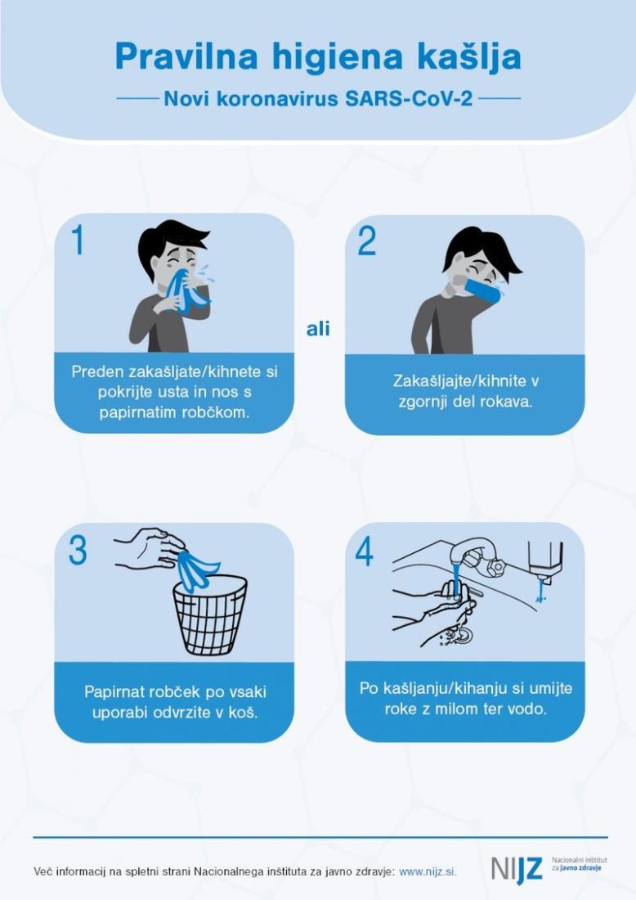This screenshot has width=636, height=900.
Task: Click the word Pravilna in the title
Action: pos(186,56)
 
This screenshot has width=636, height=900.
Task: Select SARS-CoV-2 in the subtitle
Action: pos(409,99)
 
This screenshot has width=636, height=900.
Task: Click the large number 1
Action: pos(78,240)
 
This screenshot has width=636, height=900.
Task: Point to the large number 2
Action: pos(366,241)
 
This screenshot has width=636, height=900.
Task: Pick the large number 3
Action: pos(78,551)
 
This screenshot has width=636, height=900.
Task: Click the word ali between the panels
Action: pos(318,329)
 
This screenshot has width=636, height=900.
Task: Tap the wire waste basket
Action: pos(210,614)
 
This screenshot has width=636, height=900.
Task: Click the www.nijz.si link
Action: pos(428,872)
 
